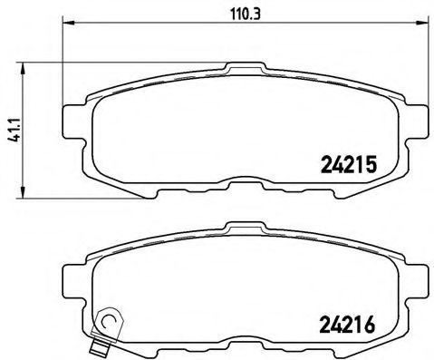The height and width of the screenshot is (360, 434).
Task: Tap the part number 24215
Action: click(349, 164)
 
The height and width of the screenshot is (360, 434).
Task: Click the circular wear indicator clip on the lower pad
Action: click(111, 319)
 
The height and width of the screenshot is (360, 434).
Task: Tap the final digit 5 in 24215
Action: click(370, 164)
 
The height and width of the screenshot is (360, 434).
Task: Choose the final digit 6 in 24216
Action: click(370, 322)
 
